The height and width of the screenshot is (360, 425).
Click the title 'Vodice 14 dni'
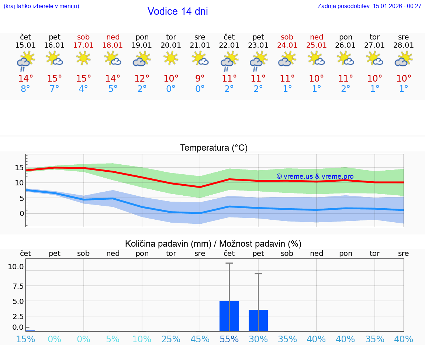(x=177, y=11)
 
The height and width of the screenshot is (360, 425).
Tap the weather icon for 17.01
(x=84, y=58)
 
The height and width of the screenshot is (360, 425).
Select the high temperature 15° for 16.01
(x=55, y=79)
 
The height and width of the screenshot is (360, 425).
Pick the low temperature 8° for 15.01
(x=25, y=89)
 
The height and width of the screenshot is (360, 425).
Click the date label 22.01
(x=229, y=45)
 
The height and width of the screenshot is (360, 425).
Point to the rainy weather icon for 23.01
(x=258, y=60)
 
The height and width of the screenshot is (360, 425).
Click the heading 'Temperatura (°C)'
(x=214, y=148)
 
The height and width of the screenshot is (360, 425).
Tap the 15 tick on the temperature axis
(x=19, y=168)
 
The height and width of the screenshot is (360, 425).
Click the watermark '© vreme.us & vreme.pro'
(x=315, y=176)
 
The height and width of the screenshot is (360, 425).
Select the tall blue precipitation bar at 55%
(x=229, y=316)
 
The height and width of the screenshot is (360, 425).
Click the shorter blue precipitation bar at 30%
(x=258, y=320)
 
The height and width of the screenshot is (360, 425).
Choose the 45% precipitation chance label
(x=200, y=339)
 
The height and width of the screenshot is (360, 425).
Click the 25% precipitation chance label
(x=171, y=339)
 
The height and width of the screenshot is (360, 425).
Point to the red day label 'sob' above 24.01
(x=287, y=37)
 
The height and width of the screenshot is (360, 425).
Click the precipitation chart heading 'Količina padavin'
(x=168, y=244)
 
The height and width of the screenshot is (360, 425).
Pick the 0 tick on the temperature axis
(x=22, y=213)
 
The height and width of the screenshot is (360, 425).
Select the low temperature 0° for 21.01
(x=200, y=89)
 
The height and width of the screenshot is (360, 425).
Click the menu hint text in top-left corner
(x=41, y=6)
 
